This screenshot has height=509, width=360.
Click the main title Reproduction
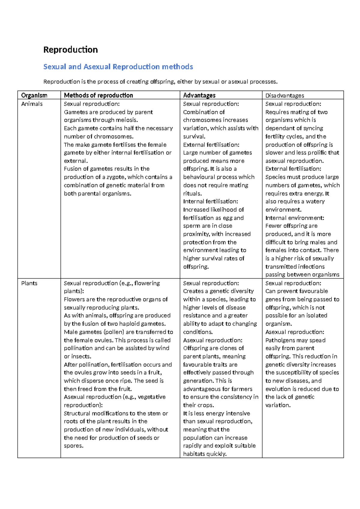pos(70,50)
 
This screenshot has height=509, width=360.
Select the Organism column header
pos(34,95)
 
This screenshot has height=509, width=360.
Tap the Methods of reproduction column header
pos(98,95)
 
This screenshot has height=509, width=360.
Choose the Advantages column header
pos(199,95)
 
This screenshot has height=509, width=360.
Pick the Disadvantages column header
pos(285,95)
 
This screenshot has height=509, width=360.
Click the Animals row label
pos(32,104)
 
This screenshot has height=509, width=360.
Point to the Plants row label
pos(29,283)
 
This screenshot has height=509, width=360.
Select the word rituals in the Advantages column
pos(192,194)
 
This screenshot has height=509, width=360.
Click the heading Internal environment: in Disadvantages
pos(295,218)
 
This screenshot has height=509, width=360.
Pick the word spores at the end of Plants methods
pos(73,446)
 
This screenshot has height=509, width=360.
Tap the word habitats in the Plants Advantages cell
pos(194,454)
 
